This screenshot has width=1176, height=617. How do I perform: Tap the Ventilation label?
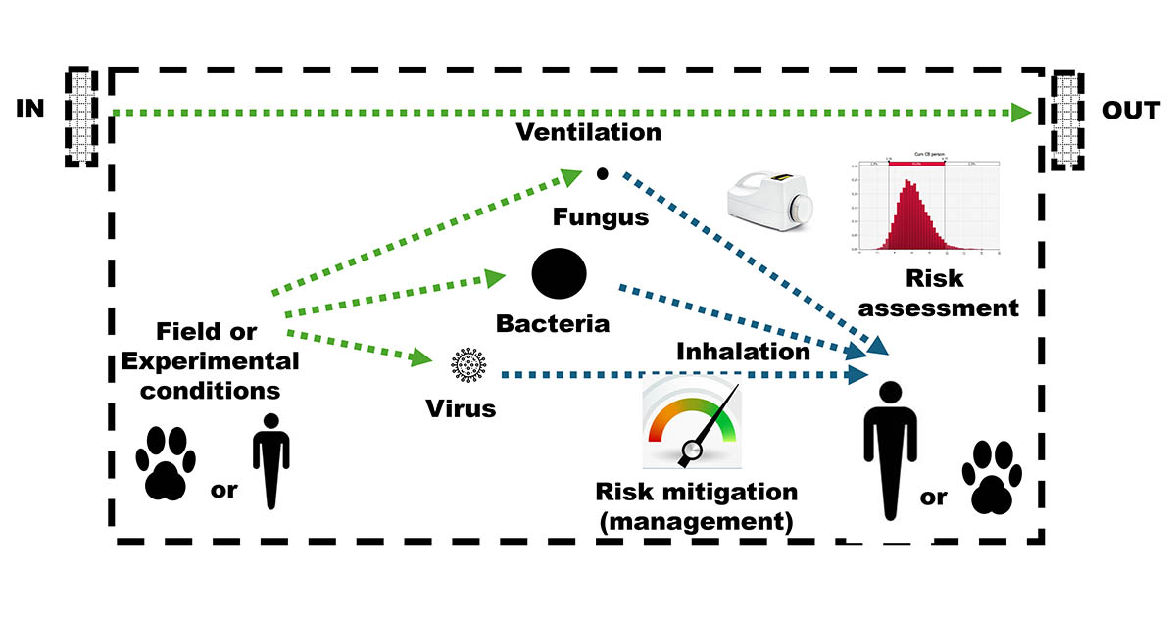589,131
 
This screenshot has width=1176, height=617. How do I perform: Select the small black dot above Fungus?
603,173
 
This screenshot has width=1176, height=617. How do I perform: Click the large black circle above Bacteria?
559,272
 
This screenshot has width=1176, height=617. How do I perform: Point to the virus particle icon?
468,366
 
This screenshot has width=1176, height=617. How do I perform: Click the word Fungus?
600,216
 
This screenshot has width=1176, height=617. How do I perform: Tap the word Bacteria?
553,323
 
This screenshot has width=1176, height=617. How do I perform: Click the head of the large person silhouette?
889,394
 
